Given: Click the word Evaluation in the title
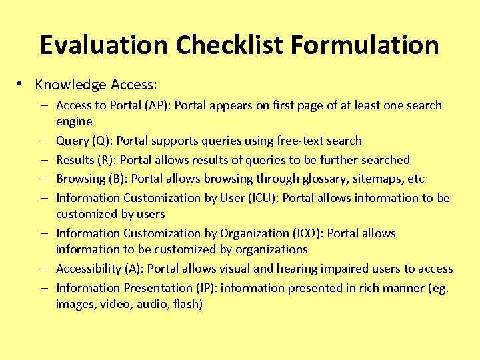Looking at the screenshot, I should (x=103, y=45).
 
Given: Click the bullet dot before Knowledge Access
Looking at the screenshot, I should (x=21, y=84).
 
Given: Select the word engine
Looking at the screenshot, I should (x=74, y=122).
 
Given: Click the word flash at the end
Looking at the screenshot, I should (x=187, y=304).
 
